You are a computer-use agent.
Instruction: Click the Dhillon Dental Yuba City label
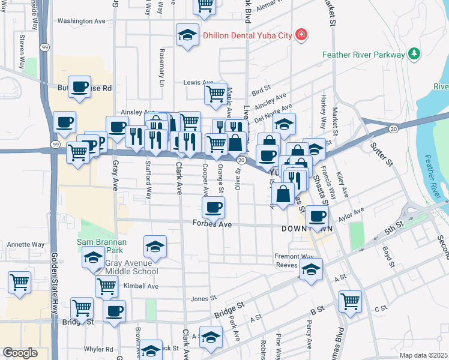coord(247,35)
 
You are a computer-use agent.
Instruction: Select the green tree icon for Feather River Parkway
coord(414,55)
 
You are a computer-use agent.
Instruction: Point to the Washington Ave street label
coord(82,21)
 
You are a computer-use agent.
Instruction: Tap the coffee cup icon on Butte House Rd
coord(79,88)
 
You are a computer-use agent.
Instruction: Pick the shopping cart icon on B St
coord(350,302)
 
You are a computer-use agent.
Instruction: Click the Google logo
coord(20,353)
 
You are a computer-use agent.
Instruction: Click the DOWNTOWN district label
coord(307,229)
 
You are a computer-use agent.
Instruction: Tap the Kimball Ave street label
coord(140,286)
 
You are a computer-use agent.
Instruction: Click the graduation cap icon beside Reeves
coord(311,270)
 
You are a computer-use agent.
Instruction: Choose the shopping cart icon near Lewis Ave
coord(215,94)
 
